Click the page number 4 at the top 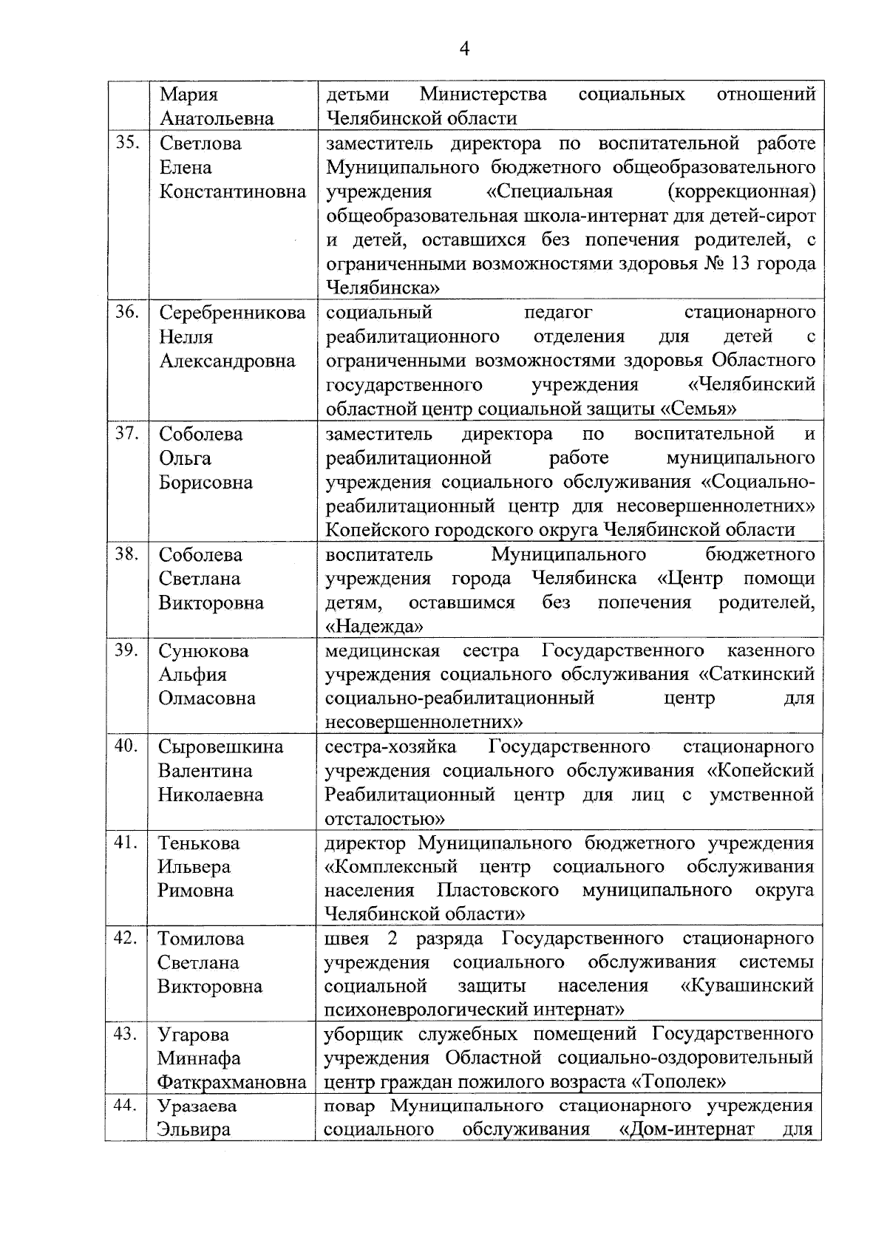pos(464,50)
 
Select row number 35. pos(127,143)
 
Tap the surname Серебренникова pos(232,313)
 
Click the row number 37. pos(127,433)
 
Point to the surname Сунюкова pos(203,651)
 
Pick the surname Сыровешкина pos(220,746)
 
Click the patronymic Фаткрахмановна pos(231,1083)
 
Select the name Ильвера pos(194,867)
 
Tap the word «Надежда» pos(375,627)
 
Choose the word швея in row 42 pos(346,939)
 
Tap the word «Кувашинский pos(747,986)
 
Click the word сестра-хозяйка pos(390,746)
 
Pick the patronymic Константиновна pos(232,192)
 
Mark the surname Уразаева pos(197,1106)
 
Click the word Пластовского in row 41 pos(497,891)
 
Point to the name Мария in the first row pos(189,95)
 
